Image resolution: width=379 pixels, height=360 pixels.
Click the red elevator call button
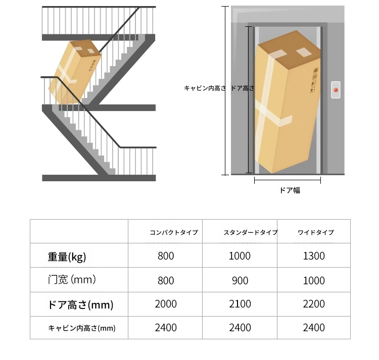coord(336,90)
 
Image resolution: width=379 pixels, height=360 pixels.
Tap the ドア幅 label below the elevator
coord(290,190)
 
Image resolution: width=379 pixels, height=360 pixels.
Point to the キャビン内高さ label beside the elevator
coord(205,88)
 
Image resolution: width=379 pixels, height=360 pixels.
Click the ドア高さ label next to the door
coord(243,88)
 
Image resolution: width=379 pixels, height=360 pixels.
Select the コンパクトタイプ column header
coord(174,233)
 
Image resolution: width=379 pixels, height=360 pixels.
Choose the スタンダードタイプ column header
coord(251,233)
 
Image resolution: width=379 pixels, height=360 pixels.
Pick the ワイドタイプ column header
coord(316,233)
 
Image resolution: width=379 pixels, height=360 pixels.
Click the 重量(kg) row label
coord(67,257)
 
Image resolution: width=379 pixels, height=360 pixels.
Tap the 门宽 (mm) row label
coord(72,280)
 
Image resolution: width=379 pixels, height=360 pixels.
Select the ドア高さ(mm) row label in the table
coord(80,304)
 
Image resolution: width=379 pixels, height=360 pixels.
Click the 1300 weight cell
coord(314,256)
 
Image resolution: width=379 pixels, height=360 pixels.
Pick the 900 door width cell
coord(240,281)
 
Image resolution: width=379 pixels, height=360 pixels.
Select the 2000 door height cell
coord(166,304)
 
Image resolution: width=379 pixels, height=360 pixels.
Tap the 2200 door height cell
coord(314,304)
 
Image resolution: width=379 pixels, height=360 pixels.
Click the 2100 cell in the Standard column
coord(240,304)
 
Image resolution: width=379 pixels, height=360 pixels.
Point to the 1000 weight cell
coord(240,256)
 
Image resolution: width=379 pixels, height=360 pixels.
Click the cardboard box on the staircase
coord(75,72)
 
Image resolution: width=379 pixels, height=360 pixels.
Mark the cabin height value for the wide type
coord(314,328)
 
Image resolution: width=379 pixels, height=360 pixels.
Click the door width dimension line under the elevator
coord(288,180)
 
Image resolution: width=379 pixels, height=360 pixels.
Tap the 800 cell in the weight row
coord(166,256)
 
